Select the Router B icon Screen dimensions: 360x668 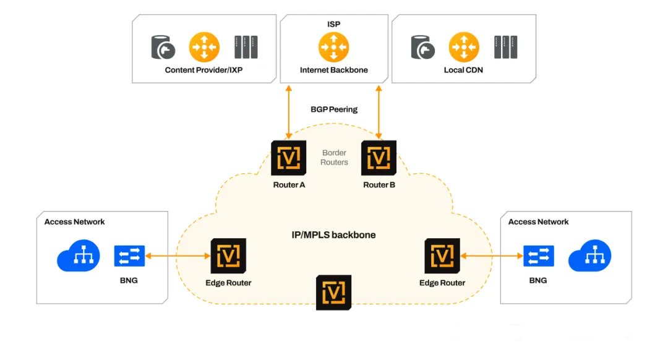coord(379,158)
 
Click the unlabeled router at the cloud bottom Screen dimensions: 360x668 coord(333,292)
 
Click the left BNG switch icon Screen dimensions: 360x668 coord(129,256)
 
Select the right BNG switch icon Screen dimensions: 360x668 coord(538,256)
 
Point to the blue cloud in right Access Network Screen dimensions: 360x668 coord(589,256)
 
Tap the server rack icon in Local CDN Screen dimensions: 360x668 coord(505,47)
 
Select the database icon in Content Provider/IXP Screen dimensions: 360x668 coord(164,47)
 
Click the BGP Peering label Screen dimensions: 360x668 coord(334,109)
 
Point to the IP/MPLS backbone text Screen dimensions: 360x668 coord(334,235)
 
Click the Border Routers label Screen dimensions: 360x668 coord(335,157)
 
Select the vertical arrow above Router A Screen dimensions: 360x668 coord(288,111)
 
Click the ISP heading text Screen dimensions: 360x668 coord(334,24)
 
